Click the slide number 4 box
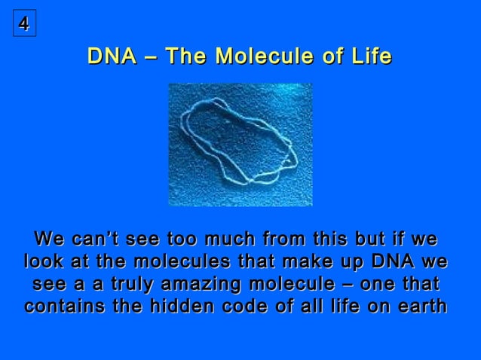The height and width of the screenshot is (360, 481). (x=24, y=25)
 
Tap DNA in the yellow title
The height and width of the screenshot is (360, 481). (x=112, y=56)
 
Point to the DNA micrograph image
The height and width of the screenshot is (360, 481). (x=240, y=145)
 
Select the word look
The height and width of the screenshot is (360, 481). (x=46, y=263)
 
